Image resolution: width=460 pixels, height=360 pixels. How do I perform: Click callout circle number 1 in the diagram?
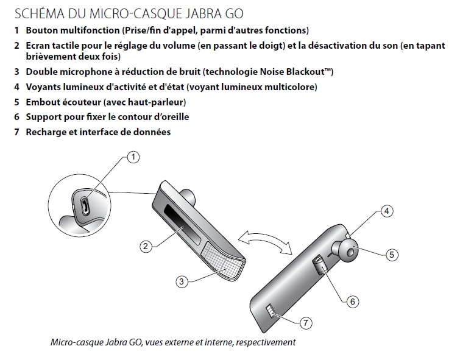133,157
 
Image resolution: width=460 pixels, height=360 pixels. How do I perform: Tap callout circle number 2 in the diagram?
146,247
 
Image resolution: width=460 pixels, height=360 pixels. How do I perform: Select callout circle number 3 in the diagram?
180,281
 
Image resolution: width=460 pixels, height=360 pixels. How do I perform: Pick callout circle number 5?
392,255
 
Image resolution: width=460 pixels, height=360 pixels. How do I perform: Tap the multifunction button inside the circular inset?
85,205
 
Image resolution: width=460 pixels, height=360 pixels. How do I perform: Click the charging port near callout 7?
271,312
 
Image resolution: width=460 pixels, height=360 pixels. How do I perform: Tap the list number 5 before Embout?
17,102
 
